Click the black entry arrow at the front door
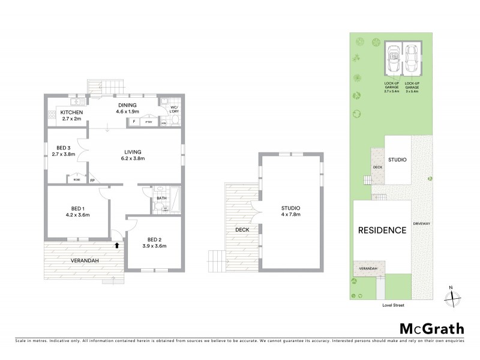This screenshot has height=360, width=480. click(117, 244)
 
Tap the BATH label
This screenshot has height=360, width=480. click(161, 197)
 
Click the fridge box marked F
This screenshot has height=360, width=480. click(134, 122)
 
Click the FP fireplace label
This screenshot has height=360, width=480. click(92, 180)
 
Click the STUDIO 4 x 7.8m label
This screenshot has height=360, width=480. click(290, 211)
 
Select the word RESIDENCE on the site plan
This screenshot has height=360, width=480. click(382, 230)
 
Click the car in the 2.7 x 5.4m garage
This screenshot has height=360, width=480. click(394, 60)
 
